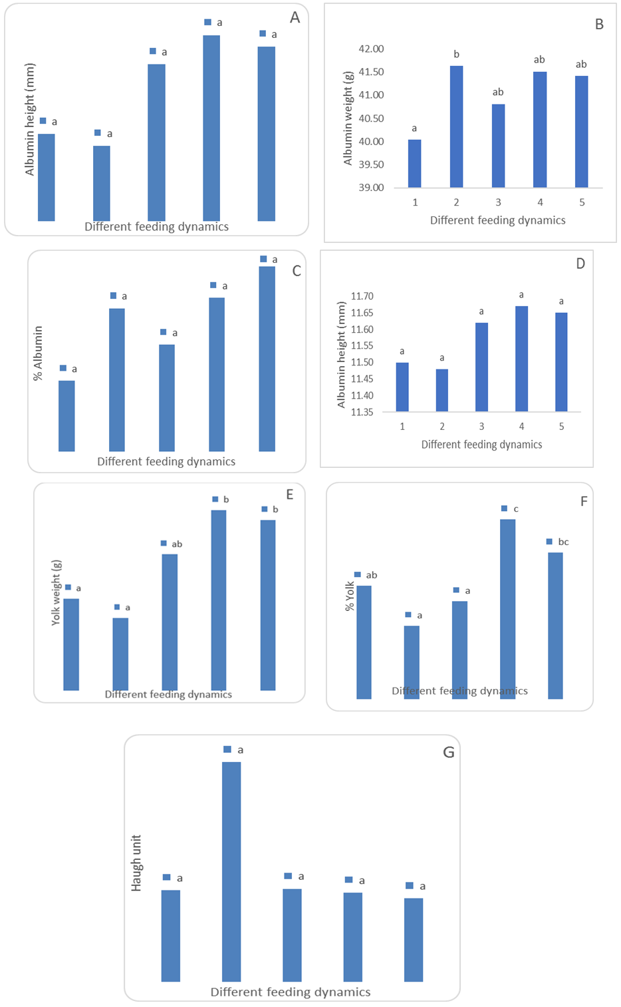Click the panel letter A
[x=295, y=17]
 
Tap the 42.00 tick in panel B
[x=371, y=49]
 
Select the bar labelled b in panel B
[x=456, y=126]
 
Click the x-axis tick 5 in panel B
[x=582, y=202]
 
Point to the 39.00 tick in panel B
[x=371, y=188]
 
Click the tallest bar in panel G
[x=231, y=871]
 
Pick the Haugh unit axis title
[x=136, y=863]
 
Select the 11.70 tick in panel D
[x=362, y=296]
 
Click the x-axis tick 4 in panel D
[x=521, y=427]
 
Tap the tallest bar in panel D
[x=521, y=359]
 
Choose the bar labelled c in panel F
[x=507, y=608]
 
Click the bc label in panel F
[x=563, y=542]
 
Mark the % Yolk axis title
[x=350, y=596]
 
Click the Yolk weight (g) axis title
[x=56, y=592]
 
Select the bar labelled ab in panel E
[x=170, y=622]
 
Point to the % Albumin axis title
[x=38, y=353]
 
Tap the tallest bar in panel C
[x=267, y=359]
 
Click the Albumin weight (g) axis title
[x=348, y=117]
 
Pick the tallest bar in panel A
[x=211, y=128]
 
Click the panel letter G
[x=449, y=752]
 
